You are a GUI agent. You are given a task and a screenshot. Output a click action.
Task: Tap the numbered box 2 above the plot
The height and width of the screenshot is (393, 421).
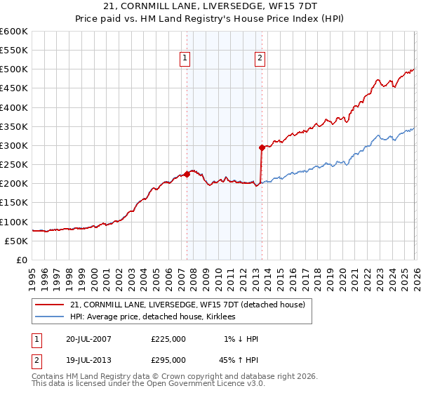[x=260, y=59]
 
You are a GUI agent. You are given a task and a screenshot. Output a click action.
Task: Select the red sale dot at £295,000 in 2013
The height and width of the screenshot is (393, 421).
[x=262, y=147]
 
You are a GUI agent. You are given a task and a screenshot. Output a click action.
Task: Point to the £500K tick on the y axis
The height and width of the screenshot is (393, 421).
[x=14, y=69]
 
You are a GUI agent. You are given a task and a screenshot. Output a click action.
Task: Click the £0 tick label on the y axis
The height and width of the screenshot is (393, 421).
[x=22, y=260]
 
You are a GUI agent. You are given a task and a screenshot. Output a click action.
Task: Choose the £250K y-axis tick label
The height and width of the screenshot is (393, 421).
[x=14, y=165]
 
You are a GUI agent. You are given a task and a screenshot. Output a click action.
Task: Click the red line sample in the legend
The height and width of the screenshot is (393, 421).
[x=51, y=305]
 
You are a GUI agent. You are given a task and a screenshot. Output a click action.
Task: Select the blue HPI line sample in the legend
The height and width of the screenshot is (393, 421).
[x=51, y=317]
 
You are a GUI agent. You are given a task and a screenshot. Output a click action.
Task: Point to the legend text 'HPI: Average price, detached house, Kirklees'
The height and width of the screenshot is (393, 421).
[x=152, y=317]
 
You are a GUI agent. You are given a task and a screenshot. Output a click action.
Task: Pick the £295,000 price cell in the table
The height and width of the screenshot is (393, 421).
[x=168, y=359]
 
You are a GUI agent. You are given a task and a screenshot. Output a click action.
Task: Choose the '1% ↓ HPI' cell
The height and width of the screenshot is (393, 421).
[x=240, y=339]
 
